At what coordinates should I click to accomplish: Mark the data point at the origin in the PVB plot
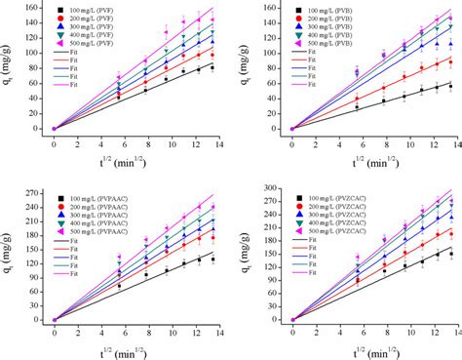[x=292, y=129]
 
